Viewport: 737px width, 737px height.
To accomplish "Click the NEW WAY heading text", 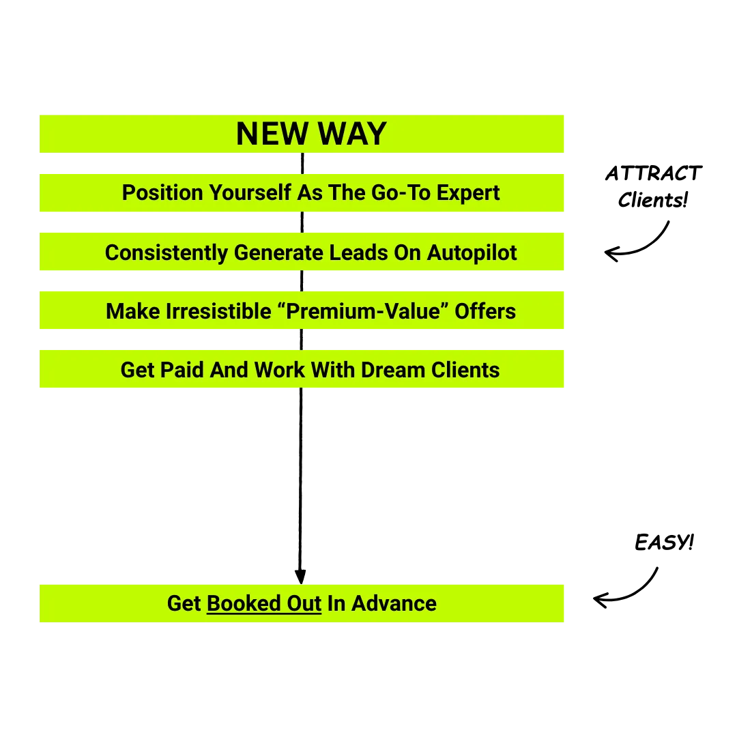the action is [311, 134].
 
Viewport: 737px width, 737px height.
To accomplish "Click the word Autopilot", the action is [472, 253].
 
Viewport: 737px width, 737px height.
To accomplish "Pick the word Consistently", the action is [167, 253].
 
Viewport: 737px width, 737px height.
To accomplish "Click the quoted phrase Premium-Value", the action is [362, 311].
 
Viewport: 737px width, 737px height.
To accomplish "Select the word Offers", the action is [485, 311].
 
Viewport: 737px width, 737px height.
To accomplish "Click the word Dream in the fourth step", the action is [393, 370].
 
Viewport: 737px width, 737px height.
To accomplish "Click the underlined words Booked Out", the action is [264, 603].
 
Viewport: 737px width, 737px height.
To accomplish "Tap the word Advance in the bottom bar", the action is [394, 603].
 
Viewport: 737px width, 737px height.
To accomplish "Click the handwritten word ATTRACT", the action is [653, 173].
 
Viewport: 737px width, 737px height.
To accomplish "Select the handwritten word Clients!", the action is [653, 200].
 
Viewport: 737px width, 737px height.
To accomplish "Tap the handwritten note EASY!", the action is [664, 543].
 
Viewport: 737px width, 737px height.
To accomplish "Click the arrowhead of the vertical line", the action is [300, 577].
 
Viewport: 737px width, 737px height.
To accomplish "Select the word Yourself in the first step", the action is [250, 192].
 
